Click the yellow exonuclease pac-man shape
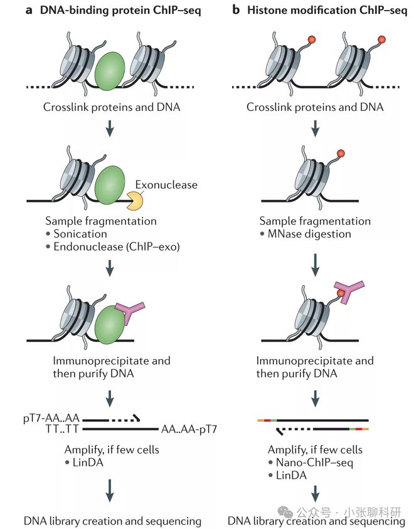tap(135, 201)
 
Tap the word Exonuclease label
tap(166, 185)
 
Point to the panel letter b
tap(236, 10)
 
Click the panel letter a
tap(29, 11)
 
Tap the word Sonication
tap(80, 234)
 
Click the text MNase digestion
tap(309, 234)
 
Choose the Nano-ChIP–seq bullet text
tap(314, 463)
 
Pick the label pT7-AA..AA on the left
tap(51, 418)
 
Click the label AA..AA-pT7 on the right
tap(189, 429)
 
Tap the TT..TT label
tap(62, 429)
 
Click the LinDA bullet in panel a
tap(88, 462)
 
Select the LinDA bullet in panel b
tap(292, 475)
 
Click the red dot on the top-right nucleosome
tap(381, 39)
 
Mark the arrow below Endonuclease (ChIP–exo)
tap(110, 268)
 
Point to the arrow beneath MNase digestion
tap(315, 264)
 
